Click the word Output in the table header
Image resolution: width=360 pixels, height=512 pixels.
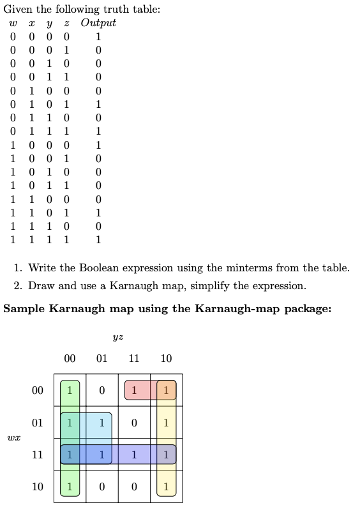point(98,23)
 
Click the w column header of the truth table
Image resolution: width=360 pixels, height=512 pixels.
point(13,24)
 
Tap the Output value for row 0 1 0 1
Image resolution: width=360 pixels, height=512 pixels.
point(98,103)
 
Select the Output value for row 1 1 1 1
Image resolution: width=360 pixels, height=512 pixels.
point(98,241)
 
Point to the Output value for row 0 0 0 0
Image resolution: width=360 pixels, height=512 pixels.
point(98,36)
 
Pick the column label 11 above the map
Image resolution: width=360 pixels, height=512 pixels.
point(134,359)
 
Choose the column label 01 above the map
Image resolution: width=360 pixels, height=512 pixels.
point(101,359)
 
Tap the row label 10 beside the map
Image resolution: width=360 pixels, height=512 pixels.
point(38,487)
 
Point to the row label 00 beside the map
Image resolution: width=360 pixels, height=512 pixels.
point(38,390)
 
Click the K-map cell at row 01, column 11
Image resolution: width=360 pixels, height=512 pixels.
point(134,423)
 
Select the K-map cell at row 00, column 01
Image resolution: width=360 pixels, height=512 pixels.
point(101,390)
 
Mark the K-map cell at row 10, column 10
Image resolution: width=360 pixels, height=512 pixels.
point(166,487)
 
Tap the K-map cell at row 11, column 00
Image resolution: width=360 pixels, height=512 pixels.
point(70,455)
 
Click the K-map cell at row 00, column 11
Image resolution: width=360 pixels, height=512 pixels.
point(134,390)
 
